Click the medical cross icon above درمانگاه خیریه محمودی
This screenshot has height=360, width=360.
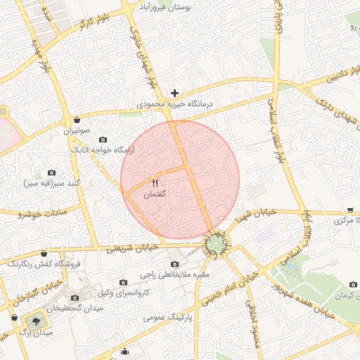175,93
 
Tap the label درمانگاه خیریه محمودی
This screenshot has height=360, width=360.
174,103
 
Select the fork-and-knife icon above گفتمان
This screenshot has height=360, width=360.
155,184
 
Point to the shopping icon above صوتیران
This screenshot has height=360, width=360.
75,120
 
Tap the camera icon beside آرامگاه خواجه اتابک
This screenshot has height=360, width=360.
103,139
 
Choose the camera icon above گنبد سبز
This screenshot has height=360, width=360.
51,173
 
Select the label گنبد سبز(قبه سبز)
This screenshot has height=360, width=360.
51,183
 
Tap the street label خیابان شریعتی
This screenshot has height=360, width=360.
134,247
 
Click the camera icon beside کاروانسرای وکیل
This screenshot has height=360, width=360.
123,282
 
